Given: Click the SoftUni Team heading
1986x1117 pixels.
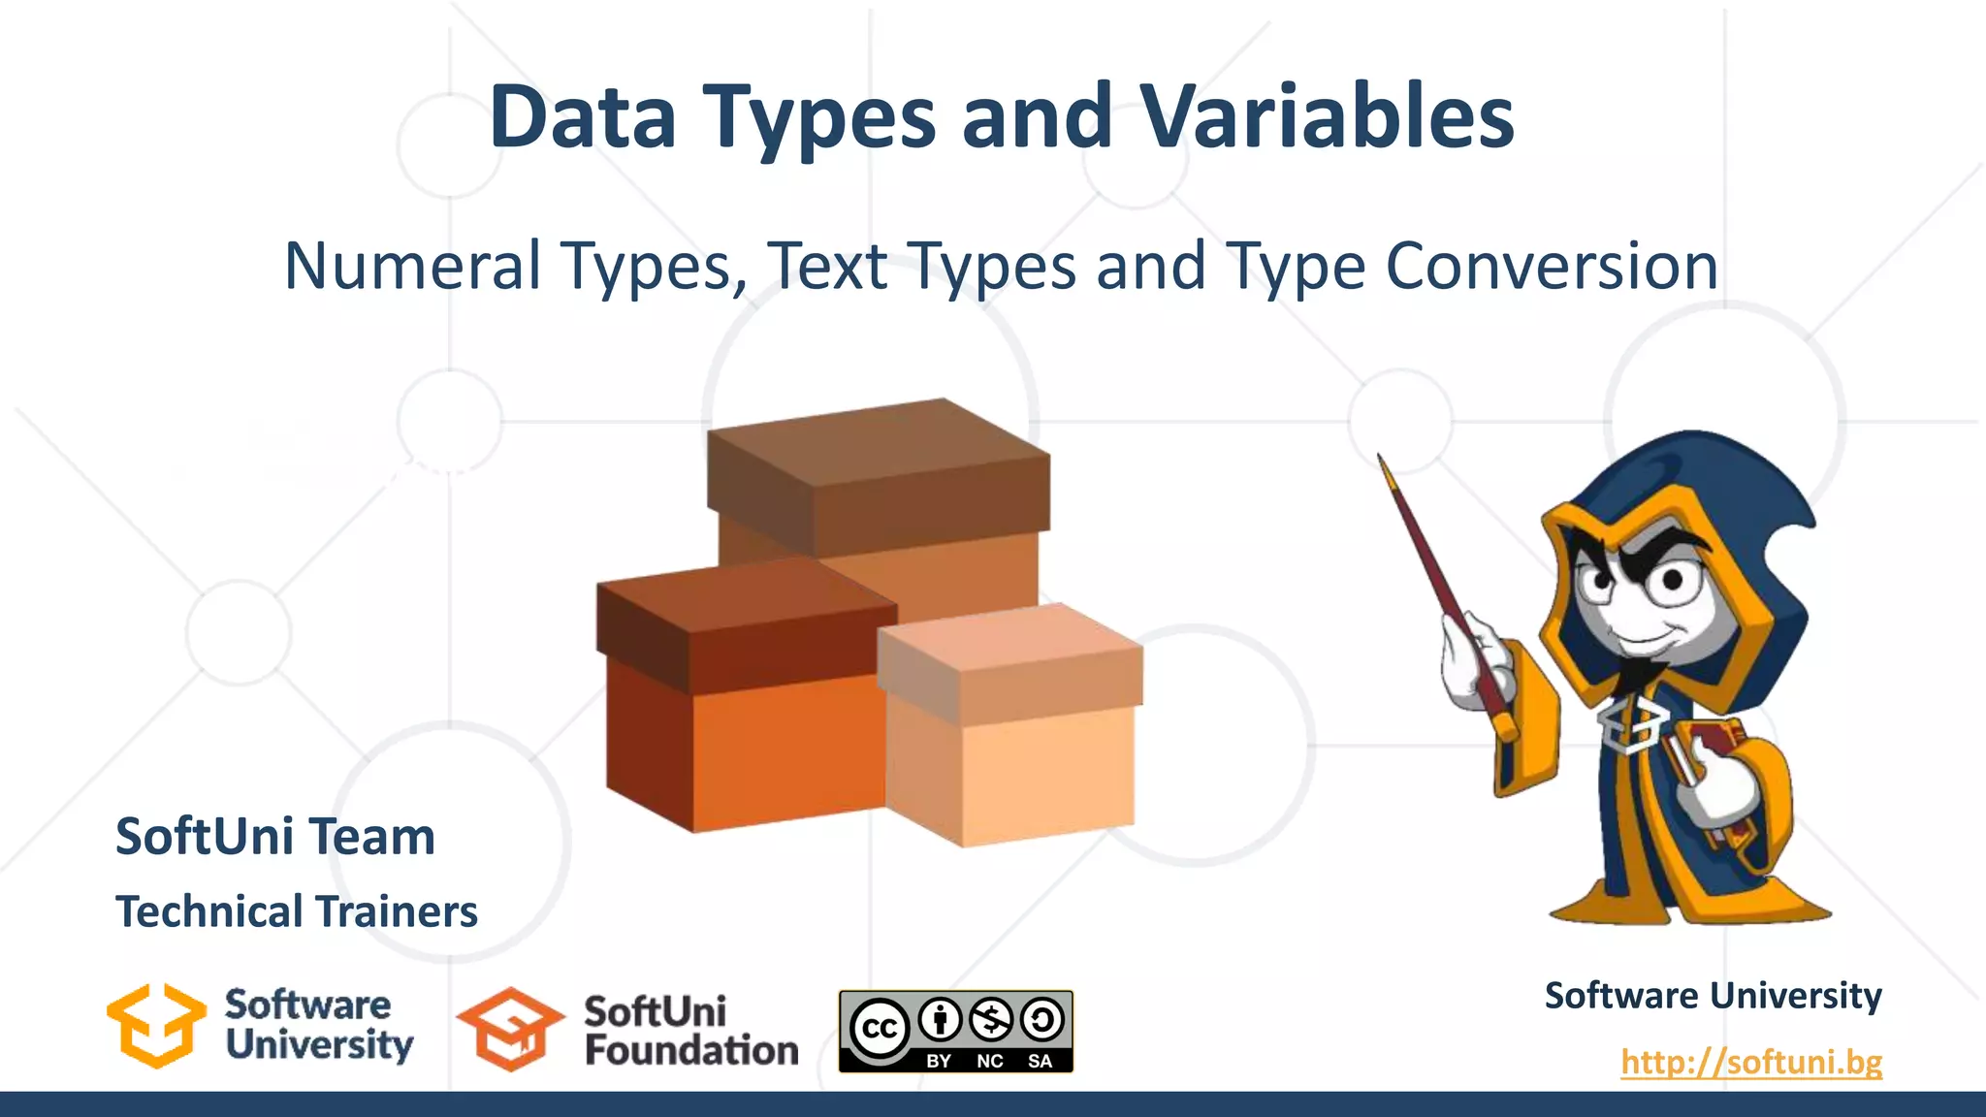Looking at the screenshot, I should (x=275, y=836).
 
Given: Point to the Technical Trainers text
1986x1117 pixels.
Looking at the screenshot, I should (x=297, y=911).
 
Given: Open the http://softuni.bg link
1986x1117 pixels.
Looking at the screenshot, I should (x=1751, y=1062).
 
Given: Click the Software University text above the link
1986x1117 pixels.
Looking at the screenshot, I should (x=1713, y=996).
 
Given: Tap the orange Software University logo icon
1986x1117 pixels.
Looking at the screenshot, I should (x=156, y=1026).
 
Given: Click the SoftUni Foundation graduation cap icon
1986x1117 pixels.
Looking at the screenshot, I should (x=510, y=1030).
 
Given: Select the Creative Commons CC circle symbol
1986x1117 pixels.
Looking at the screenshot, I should (x=880, y=1028).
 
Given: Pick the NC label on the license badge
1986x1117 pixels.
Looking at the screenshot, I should (x=989, y=1061).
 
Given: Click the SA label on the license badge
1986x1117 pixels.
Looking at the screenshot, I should (x=1040, y=1061).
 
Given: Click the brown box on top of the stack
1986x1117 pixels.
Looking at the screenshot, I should (x=878, y=475).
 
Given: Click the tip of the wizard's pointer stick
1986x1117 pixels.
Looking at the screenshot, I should (x=1381, y=458).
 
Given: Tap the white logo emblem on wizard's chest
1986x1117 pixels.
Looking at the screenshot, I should (x=1634, y=722).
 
